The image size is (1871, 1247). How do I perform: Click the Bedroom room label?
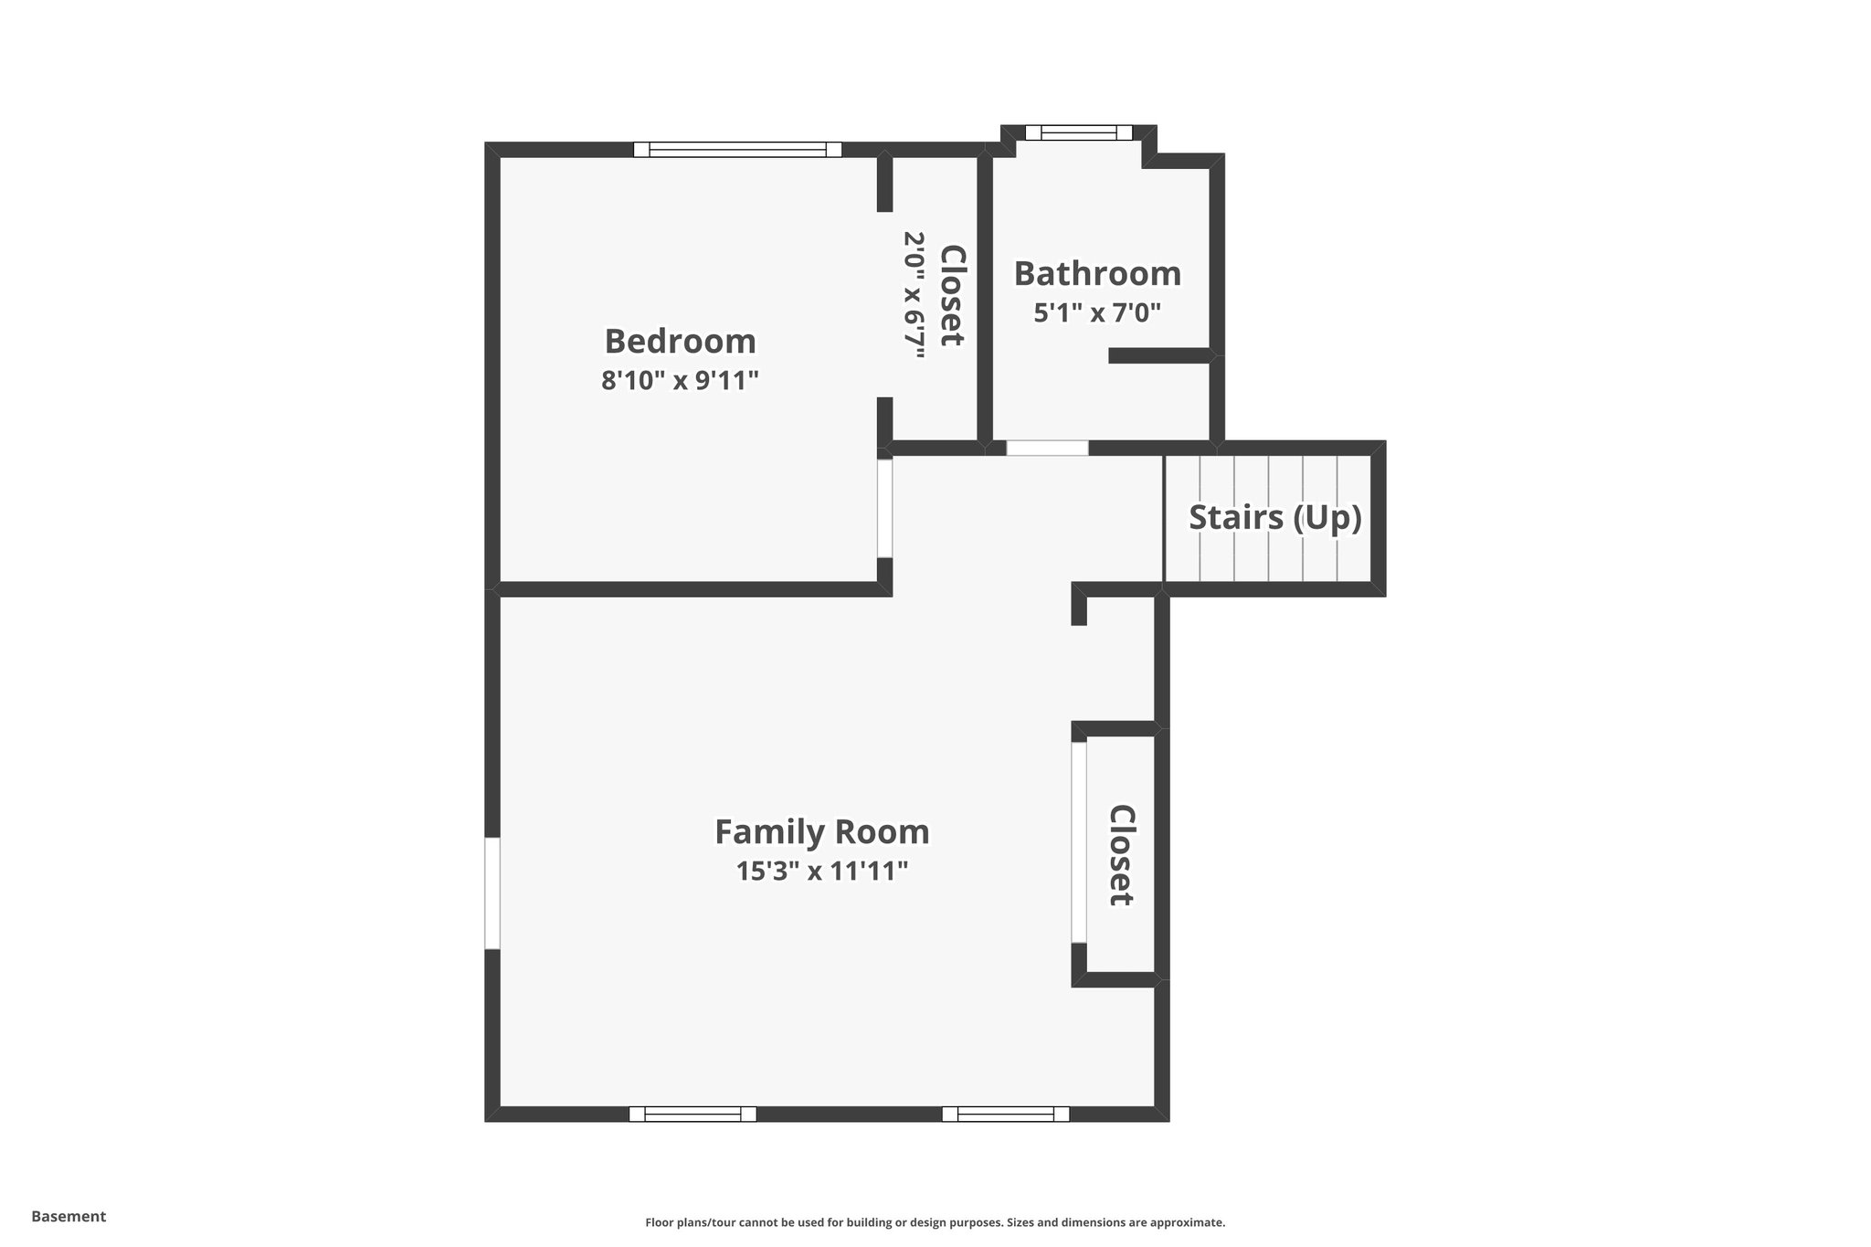click(x=681, y=342)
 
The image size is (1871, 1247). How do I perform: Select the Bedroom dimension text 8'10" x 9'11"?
click(x=681, y=380)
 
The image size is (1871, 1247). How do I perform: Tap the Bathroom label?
click(x=1097, y=274)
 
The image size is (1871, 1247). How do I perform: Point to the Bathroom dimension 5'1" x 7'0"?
click(x=1097, y=313)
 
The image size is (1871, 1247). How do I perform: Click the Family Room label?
click(x=821, y=832)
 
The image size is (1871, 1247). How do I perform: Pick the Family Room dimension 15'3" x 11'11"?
click(x=821, y=872)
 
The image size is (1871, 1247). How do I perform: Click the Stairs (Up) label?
click(x=1274, y=517)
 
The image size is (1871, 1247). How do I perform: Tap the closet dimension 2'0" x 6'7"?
click(x=915, y=295)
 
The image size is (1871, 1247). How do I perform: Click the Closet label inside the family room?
click(x=1121, y=855)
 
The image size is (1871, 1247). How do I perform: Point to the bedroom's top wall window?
click(x=737, y=150)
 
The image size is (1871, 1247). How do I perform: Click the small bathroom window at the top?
click(x=1078, y=133)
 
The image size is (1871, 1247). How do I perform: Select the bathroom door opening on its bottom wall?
click(x=1047, y=449)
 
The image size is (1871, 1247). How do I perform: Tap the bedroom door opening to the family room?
click(x=884, y=508)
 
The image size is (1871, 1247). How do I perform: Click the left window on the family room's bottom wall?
click(x=692, y=1114)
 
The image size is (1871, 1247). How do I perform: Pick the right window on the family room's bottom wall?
click(x=1005, y=1114)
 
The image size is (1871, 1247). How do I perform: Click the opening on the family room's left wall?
click(x=492, y=893)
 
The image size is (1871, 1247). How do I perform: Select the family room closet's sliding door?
click(x=1079, y=841)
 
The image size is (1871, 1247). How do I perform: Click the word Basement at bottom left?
click(x=69, y=1216)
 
